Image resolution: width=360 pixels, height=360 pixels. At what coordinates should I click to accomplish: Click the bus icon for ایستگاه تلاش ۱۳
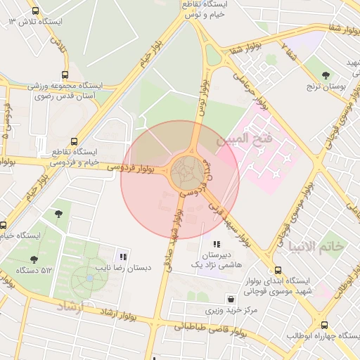[x=36, y=11]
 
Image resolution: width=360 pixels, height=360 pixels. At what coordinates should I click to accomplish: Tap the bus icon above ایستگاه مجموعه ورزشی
[x=65, y=75]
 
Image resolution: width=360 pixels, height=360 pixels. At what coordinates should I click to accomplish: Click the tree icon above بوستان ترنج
[x=326, y=75]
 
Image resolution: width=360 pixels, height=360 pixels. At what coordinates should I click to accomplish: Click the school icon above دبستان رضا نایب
[x=123, y=257]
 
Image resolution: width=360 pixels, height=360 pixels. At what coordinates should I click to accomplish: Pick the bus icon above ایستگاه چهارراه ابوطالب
[x=324, y=325]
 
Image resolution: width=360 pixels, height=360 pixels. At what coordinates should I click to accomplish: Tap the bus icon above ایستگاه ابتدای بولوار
[x=278, y=270]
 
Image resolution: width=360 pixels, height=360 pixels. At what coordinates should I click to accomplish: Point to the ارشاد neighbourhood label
[x=70, y=306]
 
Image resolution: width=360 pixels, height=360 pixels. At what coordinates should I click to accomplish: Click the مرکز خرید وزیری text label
[x=232, y=309]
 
